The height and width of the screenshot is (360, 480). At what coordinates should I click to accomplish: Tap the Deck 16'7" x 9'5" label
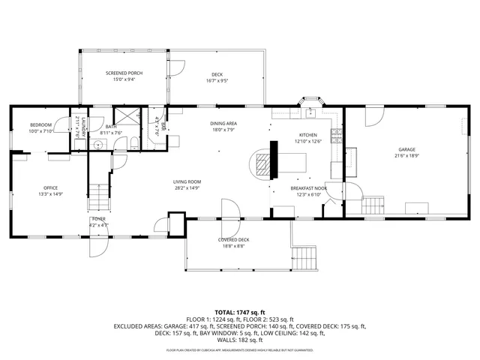tap(217, 76)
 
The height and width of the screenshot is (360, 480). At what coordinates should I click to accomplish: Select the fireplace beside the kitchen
tap(263, 161)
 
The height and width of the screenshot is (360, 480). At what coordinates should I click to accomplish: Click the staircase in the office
tap(98, 197)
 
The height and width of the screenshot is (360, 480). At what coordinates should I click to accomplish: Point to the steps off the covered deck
tap(304, 259)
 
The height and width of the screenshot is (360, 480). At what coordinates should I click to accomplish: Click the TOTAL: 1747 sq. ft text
tap(240, 311)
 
